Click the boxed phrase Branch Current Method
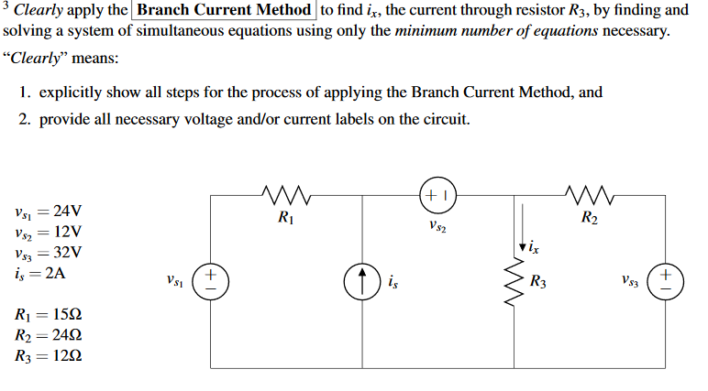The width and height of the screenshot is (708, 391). [226, 11]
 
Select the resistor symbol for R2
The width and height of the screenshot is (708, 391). [588, 194]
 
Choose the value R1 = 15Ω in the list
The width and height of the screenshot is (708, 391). [50, 316]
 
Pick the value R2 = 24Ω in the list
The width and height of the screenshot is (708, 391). [50, 336]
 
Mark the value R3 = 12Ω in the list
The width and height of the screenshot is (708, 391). [50, 356]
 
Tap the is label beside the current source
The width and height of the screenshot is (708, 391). [393, 282]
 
